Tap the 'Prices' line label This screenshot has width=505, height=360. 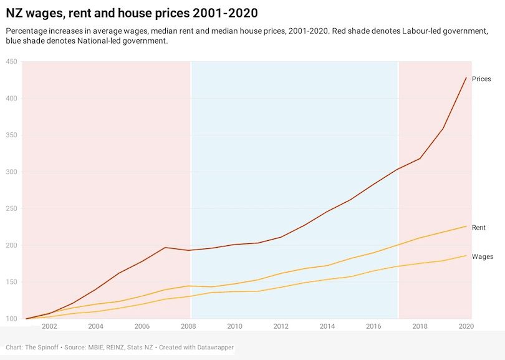(x=481, y=79)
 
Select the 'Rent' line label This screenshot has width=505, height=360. (x=479, y=228)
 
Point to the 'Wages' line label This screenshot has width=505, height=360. (x=482, y=256)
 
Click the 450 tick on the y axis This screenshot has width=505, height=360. (x=11, y=61)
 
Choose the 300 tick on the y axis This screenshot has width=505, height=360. (x=11, y=172)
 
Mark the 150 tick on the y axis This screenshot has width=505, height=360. (x=11, y=283)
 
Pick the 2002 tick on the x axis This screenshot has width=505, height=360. (x=49, y=326)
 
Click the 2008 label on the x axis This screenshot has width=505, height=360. (x=188, y=326)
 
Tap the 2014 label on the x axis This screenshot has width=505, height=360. (x=327, y=326)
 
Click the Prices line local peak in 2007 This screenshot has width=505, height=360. (x=165, y=248)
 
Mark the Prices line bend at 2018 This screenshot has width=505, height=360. (x=420, y=158)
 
